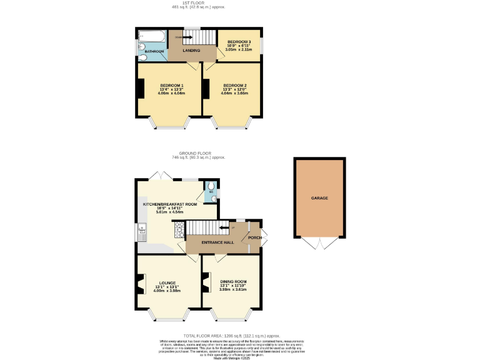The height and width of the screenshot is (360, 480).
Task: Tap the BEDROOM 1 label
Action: [171, 85]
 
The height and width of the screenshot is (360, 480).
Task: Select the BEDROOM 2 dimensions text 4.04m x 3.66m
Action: [234, 94]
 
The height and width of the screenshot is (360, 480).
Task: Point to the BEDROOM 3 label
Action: [238, 41]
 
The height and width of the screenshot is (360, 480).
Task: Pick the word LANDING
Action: [191, 51]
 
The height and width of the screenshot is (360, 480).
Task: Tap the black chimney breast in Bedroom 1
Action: [141, 90]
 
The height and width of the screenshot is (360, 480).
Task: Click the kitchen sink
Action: [142, 232]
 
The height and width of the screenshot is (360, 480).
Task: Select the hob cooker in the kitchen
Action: [180, 231]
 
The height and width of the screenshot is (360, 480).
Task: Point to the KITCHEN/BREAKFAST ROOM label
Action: [170, 204]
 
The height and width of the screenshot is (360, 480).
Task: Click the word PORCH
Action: [254, 238]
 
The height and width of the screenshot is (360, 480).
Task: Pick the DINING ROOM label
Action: [233, 282]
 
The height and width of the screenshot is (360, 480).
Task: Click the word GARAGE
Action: [319, 198]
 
